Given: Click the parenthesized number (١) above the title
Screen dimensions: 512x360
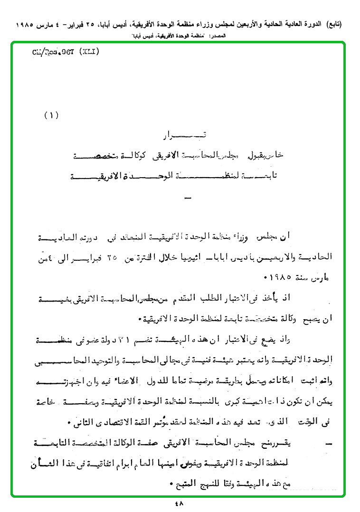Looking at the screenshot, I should point(51,115).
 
